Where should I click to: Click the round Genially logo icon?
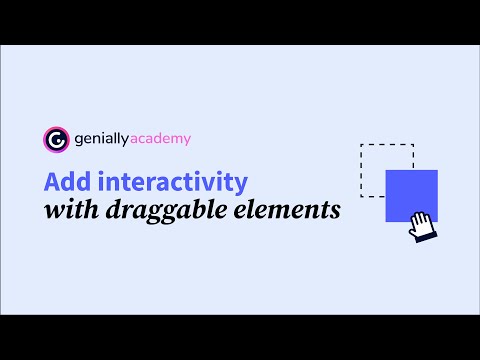coord(56,139)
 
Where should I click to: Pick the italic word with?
coord(68,211)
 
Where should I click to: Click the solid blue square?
coord(411,194)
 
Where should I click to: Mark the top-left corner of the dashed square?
coord(360,145)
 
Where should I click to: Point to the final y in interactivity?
coord(240,186)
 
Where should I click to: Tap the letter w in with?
coord(53,212)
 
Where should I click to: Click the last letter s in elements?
coord(334,212)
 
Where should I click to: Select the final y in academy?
coord(184,141)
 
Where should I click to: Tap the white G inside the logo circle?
coord(56,139)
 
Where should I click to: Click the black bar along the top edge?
coord(240,21)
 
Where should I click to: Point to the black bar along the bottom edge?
coord(240,337)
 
